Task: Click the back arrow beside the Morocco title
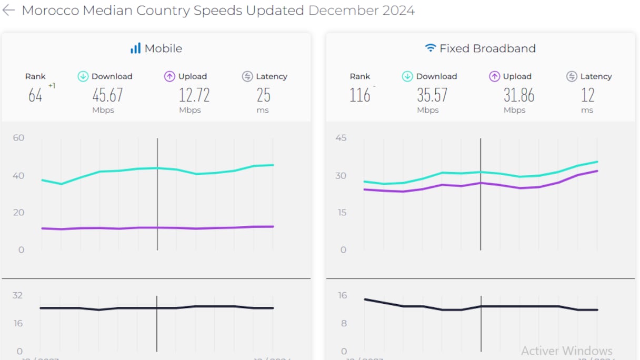[9, 11]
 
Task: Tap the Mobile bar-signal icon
[135, 48]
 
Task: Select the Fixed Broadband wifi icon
[431, 48]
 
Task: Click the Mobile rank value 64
[35, 95]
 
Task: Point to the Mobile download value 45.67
[107, 95]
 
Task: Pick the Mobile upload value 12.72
[194, 95]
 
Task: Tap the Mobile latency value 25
[264, 95]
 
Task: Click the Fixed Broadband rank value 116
[360, 95]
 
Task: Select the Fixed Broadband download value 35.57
[432, 95]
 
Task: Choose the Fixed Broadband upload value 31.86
[519, 95]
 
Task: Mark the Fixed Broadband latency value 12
[588, 95]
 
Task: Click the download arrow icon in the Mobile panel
[83, 76]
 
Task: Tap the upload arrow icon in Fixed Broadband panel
[494, 76]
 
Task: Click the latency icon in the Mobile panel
[247, 76]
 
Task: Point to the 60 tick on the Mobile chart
[18, 138]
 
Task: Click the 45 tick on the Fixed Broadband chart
[341, 138]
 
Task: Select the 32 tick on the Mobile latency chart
[18, 295]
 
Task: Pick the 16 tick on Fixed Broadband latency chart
[343, 295]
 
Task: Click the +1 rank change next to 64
[52, 86]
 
